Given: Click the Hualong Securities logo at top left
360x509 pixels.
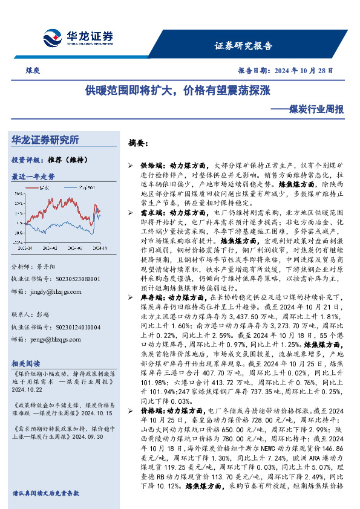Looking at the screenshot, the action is (x=77, y=36).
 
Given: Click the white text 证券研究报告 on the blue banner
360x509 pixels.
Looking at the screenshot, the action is (x=244, y=45).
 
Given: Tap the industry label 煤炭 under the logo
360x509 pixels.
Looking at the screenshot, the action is (x=33, y=71).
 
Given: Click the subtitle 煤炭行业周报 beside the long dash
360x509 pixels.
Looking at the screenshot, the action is (x=316, y=110).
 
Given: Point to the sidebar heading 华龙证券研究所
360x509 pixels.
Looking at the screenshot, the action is (x=45, y=140).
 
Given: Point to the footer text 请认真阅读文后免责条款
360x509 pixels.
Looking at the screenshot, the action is (x=45, y=493).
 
